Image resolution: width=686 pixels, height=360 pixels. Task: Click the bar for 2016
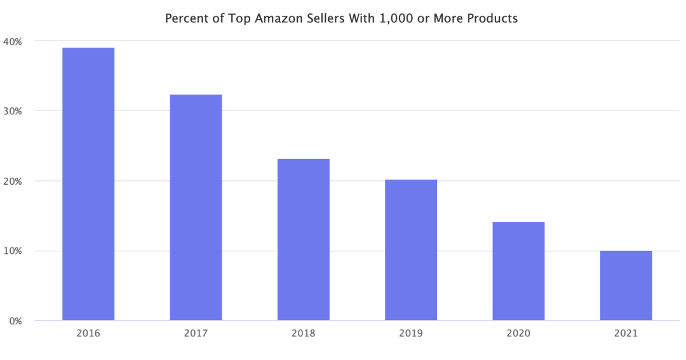88,183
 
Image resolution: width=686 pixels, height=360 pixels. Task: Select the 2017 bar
196,207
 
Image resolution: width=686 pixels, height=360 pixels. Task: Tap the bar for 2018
304,239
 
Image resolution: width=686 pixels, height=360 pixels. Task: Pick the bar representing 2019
411,250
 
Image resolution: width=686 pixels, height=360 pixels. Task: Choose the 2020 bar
518,271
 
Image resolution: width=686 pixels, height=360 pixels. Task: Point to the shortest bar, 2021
626,285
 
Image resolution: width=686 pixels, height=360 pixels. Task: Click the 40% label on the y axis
12,41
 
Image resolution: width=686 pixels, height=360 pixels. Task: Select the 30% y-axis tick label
12,111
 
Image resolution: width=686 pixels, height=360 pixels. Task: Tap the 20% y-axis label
12,181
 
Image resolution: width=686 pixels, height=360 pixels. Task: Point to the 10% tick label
12,251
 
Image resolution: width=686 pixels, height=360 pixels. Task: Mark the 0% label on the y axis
15,321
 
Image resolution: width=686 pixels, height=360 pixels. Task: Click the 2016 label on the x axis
88,333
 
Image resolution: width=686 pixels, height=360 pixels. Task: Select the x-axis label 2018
304,333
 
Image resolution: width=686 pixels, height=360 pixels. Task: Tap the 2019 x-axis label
411,333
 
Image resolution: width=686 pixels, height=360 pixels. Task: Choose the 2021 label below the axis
626,333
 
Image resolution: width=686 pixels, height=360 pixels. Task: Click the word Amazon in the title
277,18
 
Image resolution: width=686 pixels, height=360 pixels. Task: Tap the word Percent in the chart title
185,18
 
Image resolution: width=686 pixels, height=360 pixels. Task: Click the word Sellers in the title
326,18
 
